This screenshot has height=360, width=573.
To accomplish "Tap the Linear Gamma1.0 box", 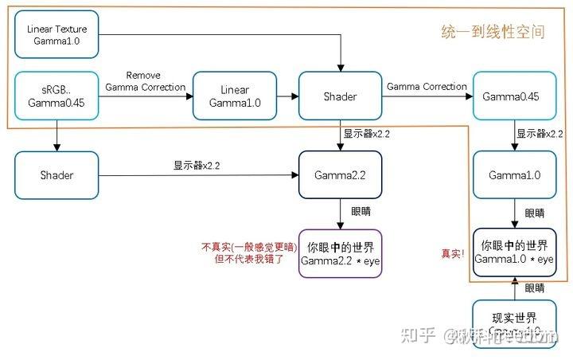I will [235, 96].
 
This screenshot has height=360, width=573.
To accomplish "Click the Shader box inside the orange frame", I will [340, 96].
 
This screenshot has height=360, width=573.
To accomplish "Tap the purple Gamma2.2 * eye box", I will [340, 252].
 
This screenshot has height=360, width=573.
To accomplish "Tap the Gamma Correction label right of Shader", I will [427, 86].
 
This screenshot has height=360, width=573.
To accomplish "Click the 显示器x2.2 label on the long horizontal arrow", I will [197, 166].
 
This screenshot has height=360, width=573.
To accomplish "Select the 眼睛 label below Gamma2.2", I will [361, 213].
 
